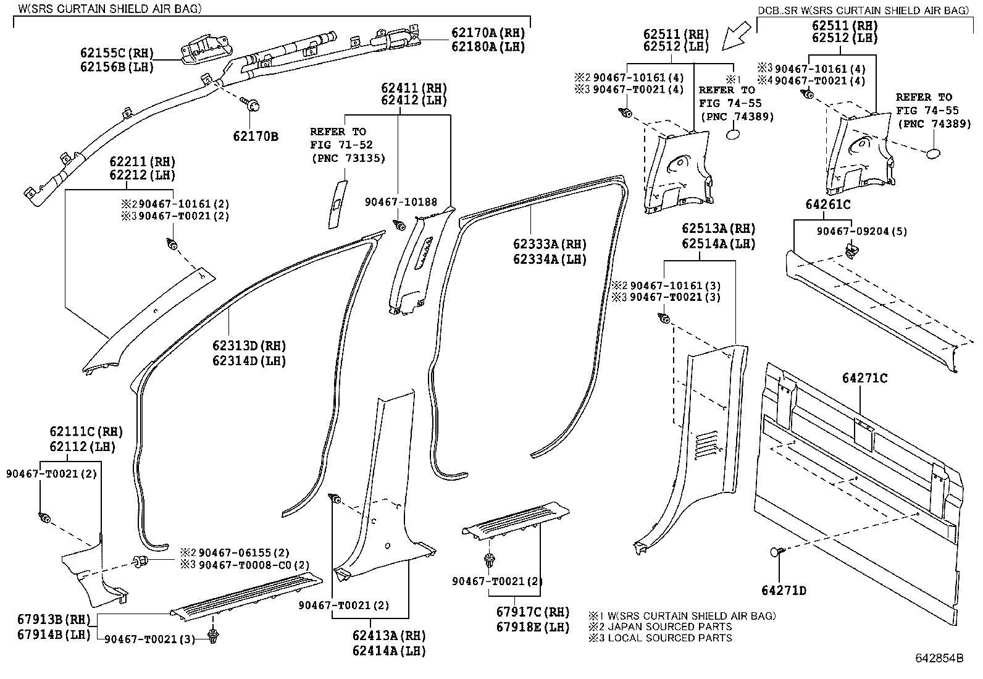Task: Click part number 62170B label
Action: pyautogui.click(x=256, y=136)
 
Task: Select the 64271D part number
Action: pyautogui.click(x=784, y=591)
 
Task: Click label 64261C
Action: pyautogui.click(x=827, y=205)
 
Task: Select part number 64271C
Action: pyautogui.click(x=865, y=378)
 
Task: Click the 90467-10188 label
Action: pyautogui.click(x=400, y=202)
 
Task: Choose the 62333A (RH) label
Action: pyautogui.click(x=550, y=245)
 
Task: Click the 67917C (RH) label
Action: pyautogui.click(x=533, y=612)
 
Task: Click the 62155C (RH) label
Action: pyautogui.click(x=116, y=53)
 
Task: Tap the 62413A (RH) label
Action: pyautogui.click(x=390, y=636)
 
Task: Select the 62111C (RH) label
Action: pyautogui.click(x=86, y=432)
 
